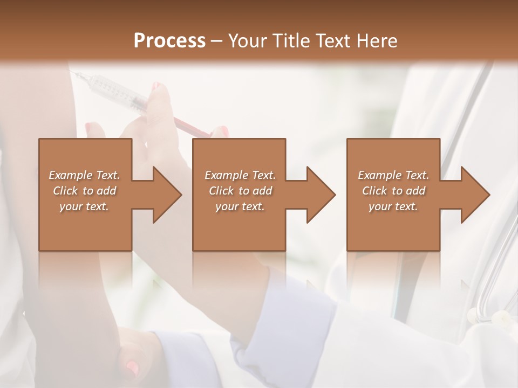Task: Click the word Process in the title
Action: tap(169, 41)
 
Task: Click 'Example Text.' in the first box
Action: tap(84, 175)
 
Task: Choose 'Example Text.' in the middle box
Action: tap(240, 175)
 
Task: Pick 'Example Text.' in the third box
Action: tap(393, 175)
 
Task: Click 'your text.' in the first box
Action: tap(84, 206)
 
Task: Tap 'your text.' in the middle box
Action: tap(240, 206)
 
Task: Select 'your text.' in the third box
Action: tap(393, 206)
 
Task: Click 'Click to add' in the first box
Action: tap(84, 191)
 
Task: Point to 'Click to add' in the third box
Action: tap(393, 191)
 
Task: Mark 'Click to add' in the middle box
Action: tap(240, 191)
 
